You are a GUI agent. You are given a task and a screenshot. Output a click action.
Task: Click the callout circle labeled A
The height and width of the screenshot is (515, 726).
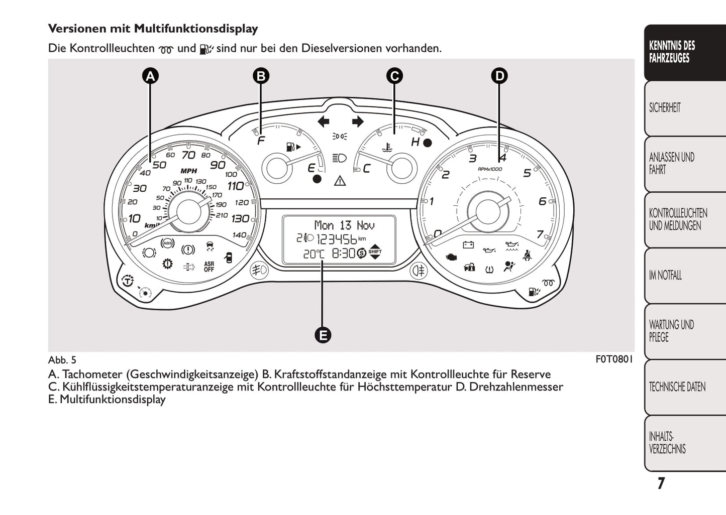click(150, 76)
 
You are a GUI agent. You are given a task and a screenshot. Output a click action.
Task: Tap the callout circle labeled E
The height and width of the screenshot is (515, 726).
click(323, 335)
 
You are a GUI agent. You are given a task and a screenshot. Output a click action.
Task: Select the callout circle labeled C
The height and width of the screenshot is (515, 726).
click(394, 76)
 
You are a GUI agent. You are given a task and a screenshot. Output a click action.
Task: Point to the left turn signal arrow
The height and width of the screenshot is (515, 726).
click(324, 121)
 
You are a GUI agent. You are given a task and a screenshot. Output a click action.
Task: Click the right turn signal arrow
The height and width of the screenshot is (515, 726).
click(357, 121)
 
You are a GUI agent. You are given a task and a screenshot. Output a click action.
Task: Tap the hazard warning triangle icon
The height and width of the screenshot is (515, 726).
click(340, 180)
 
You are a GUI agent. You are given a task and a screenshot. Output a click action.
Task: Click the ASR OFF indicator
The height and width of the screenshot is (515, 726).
click(209, 267)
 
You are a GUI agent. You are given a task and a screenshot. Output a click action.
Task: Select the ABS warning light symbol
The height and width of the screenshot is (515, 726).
click(167, 244)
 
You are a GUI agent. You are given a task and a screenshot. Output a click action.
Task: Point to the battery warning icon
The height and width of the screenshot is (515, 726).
click(468, 245)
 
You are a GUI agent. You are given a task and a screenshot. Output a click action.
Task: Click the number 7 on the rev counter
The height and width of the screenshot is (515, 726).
click(540, 234)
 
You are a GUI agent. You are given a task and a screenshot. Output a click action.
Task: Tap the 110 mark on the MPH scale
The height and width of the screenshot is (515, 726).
click(236, 186)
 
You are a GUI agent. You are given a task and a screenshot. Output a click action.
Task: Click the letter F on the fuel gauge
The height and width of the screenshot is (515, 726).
click(260, 141)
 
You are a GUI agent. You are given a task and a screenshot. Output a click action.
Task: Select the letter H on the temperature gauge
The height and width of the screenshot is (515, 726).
click(415, 142)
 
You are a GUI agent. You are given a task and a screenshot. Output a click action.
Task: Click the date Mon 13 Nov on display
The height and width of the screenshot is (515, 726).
click(344, 225)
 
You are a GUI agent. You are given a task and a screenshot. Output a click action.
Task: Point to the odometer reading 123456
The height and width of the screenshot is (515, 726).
click(336, 239)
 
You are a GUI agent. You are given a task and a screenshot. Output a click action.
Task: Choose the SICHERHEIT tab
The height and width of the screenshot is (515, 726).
click(665, 108)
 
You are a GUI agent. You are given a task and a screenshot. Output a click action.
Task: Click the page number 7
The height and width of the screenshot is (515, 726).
click(661, 483)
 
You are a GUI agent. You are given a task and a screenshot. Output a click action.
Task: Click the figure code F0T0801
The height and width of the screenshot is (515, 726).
click(614, 359)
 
